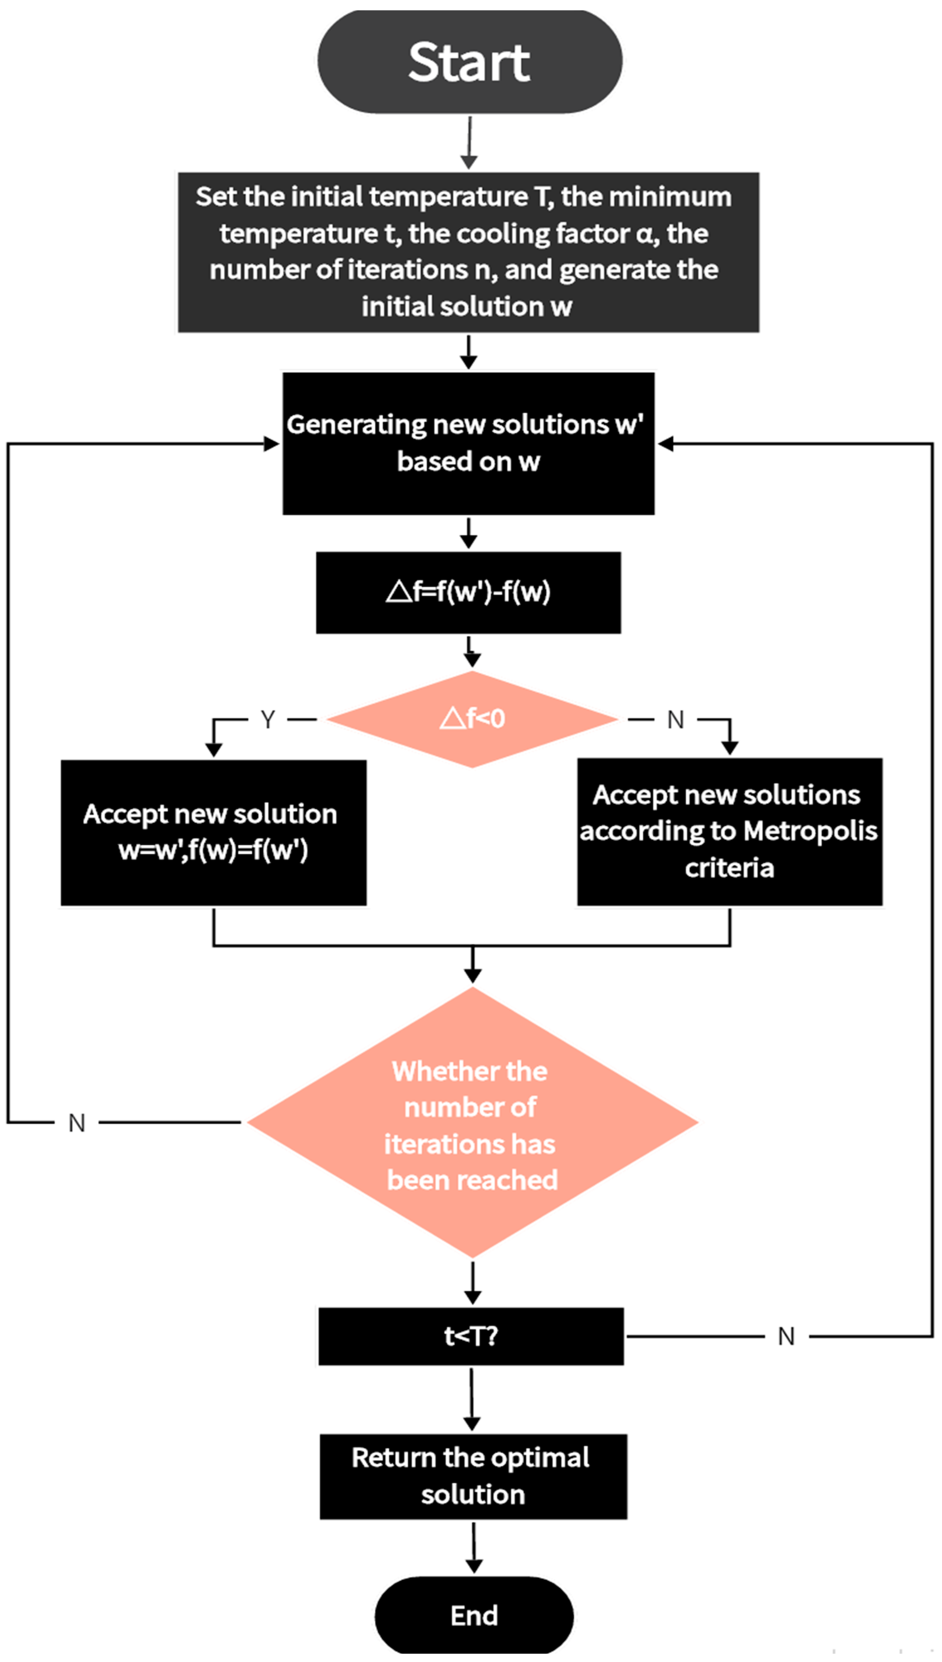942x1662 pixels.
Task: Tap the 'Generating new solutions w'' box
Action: click(468, 443)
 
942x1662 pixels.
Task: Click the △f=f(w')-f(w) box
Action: click(468, 592)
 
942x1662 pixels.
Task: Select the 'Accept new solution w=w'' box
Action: click(213, 832)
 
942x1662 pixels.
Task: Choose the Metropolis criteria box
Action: click(730, 832)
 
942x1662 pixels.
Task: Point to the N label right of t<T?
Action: click(786, 1337)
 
